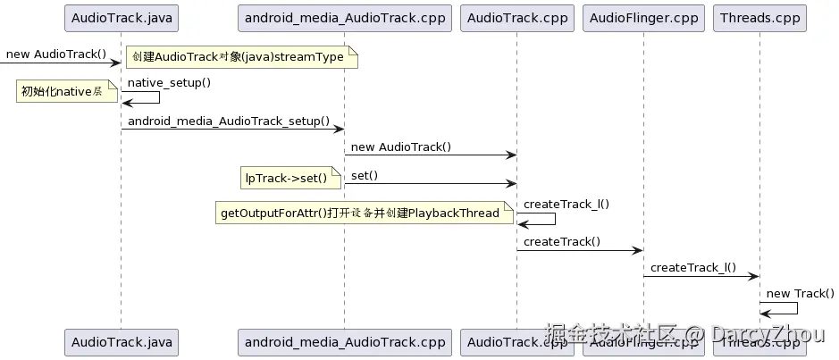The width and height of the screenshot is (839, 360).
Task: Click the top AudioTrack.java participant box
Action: pyautogui.click(x=121, y=18)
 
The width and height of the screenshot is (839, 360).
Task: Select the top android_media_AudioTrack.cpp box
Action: pyautogui.click(x=345, y=18)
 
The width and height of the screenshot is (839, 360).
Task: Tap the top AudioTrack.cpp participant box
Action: pyautogui.click(x=516, y=18)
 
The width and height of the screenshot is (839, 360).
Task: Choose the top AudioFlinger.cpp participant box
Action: pyautogui.click(x=642, y=18)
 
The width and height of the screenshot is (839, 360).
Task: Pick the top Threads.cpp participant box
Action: pyautogui.click(x=759, y=18)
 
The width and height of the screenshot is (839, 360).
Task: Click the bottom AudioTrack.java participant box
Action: pyautogui.click(x=121, y=341)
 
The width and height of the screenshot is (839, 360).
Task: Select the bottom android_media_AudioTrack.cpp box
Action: pyautogui.click(x=345, y=341)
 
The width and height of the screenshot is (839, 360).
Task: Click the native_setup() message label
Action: pyautogui.click(x=169, y=83)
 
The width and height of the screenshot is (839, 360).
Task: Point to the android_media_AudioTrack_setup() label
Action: pyautogui.click(x=229, y=121)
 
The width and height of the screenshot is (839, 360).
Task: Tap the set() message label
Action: pyautogui.click(x=365, y=175)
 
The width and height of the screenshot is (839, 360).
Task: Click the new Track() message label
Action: pyautogui.click(x=801, y=293)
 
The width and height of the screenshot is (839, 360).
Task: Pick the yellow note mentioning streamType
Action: pyautogui.click(x=240, y=57)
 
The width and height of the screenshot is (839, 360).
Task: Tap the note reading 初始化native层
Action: pyautogui.click(x=67, y=91)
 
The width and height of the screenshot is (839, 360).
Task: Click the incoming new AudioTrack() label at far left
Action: pyautogui.click(x=56, y=54)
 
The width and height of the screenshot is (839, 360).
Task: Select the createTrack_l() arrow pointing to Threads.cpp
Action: pyautogui.click(x=701, y=277)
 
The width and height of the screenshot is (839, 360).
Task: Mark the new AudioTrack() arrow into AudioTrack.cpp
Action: pyautogui.click(x=430, y=155)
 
